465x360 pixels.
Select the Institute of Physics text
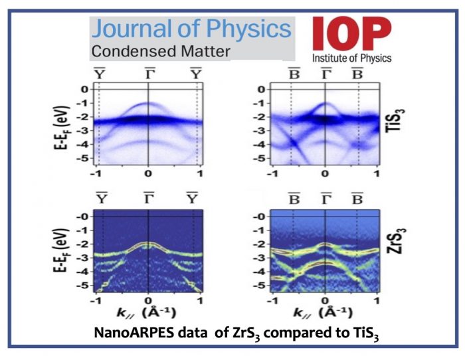(352, 58)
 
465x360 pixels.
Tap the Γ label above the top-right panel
(325, 73)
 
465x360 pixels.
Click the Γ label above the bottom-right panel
(325, 197)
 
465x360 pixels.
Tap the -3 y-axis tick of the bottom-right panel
(261, 257)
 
